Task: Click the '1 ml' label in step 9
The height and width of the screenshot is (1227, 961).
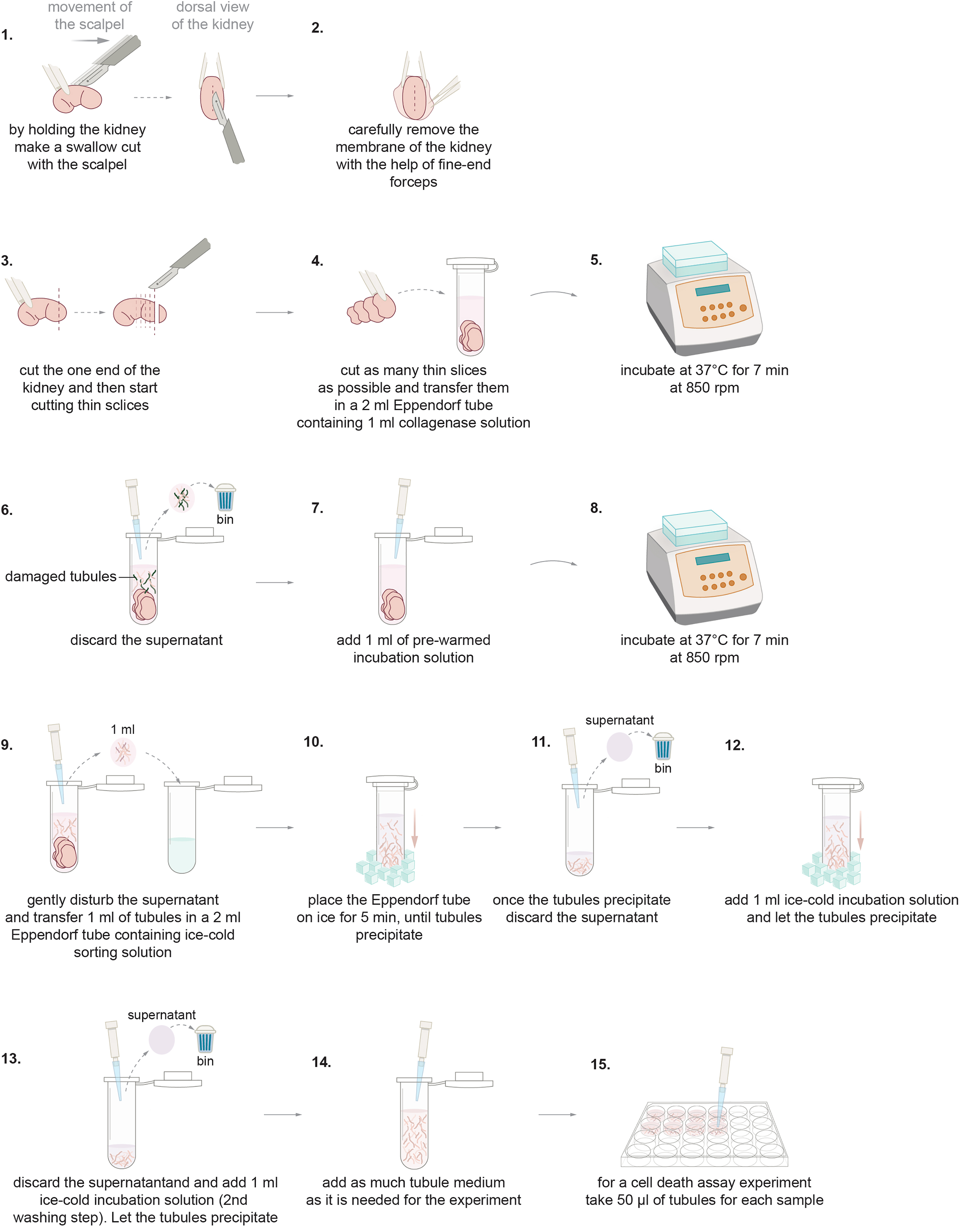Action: point(123,730)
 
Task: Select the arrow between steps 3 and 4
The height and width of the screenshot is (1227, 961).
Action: point(275,312)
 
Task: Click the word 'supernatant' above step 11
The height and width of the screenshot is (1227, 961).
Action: point(620,721)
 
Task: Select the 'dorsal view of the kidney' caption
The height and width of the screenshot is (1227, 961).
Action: point(213,16)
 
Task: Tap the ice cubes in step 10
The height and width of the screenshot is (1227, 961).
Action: point(385,869)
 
